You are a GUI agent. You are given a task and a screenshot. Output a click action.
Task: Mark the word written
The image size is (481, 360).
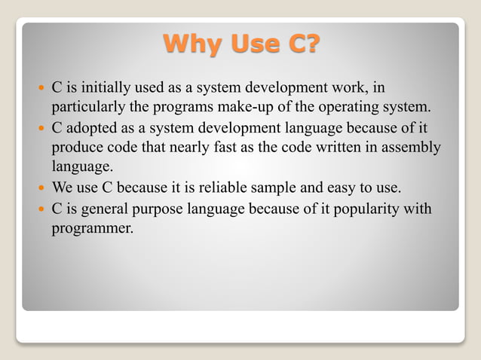tap(340, 145)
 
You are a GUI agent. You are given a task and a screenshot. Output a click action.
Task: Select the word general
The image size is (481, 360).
tap(102, 208)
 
